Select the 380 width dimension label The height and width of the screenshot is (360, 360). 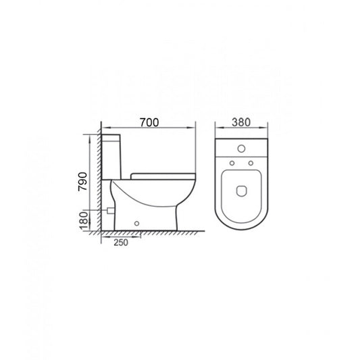click(241, 123)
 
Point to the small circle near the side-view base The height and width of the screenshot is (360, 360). click(138, 222)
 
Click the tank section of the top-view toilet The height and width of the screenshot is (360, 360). click(241, 150)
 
